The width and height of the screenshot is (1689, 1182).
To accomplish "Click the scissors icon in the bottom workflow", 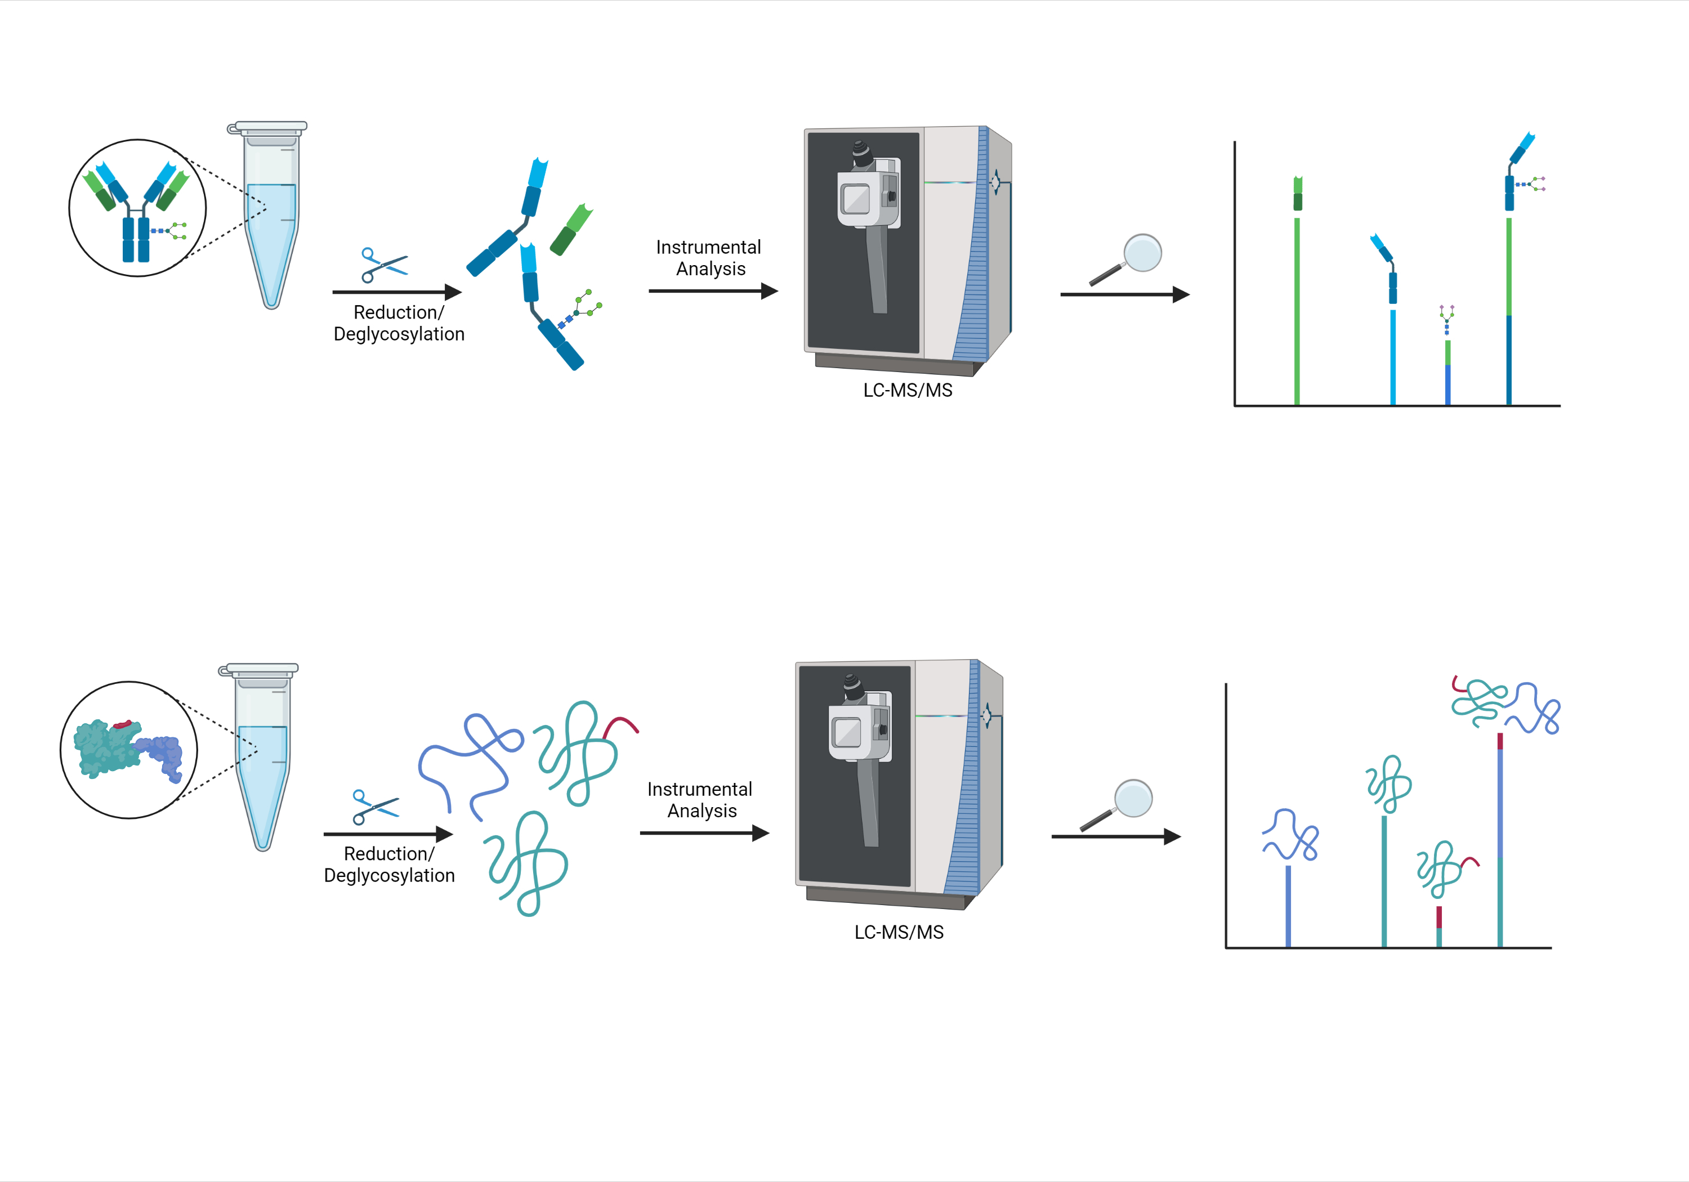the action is (375, 808).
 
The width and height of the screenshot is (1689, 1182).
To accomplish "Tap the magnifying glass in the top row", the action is (1126, 259).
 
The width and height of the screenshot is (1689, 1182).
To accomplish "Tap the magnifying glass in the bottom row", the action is (1116, 805).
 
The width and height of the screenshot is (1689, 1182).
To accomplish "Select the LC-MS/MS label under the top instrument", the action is (908, 391).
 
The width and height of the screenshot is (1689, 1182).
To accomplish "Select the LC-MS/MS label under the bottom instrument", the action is (899, 933).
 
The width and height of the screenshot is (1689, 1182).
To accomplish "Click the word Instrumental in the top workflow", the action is (708, 247).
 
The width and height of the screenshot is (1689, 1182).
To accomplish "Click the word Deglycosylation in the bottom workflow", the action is (389, 875).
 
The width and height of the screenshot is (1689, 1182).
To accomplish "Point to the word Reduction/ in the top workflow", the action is (399, 312).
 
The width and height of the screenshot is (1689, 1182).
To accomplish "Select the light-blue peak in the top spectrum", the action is (1392, 357).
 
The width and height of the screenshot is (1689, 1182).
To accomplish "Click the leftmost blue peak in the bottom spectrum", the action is (1288, 906).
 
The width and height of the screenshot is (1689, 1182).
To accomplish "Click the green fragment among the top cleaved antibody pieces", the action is (571, 230).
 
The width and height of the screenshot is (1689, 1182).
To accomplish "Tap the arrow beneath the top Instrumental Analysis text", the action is (713, 291).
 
